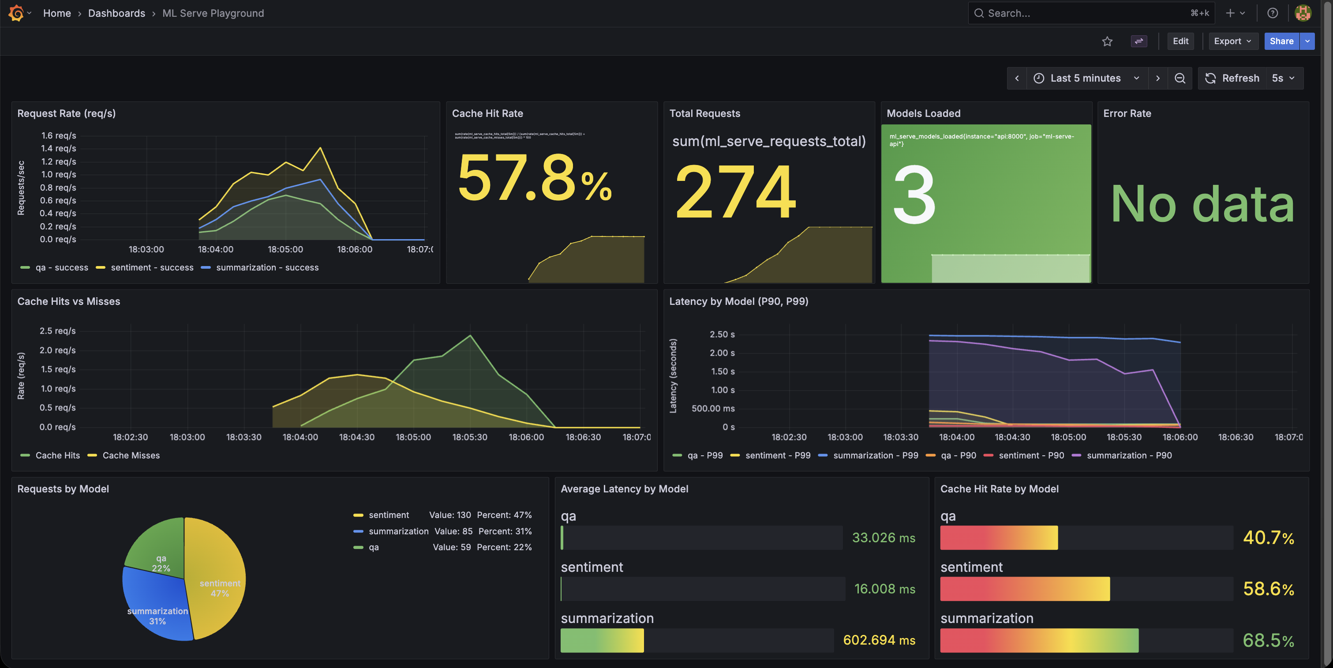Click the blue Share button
click(x=1281, y=41)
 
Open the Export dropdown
click(x=1232, y=41)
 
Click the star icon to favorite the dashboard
click(x=1107, y=41)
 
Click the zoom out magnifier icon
click(x=1180, y=78)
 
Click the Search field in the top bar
click(x=1082, y=13)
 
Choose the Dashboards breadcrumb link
click(x=116, y=13)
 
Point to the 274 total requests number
click(x=735, y=191)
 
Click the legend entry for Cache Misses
click(x=131, y=455)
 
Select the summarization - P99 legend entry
click(x=875, y=455)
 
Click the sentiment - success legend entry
click(x=152, y=267)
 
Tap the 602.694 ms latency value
click(x=879, y=640)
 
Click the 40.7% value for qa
click(x=1268, y=537)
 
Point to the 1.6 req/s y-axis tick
click(x=59, y=135)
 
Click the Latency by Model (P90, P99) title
click(x=738, y=301)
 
